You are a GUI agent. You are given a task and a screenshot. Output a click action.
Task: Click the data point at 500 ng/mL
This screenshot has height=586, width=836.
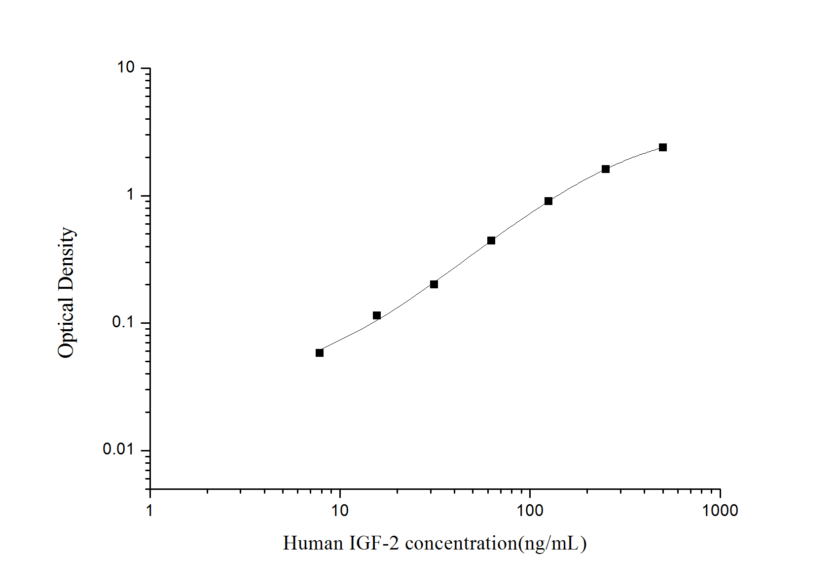pos(663,147)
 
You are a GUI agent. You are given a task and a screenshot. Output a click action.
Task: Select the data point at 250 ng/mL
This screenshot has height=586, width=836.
pos(606,169)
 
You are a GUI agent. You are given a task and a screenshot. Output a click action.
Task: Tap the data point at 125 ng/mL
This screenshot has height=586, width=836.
pos(548,201)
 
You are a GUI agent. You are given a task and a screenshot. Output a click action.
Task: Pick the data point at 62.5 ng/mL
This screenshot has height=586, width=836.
pos(491,241)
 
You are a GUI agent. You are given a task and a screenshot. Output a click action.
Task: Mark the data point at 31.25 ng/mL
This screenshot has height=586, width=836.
pos(434,284)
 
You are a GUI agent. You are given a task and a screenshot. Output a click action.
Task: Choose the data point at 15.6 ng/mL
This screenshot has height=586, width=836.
pos(377,315)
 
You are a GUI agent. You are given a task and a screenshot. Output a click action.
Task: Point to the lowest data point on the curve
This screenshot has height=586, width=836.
pos(320,353)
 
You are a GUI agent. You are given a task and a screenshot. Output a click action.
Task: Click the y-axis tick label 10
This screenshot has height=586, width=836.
pos(126,68)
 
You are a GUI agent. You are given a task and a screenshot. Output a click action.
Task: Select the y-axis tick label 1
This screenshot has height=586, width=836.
pos(130,195)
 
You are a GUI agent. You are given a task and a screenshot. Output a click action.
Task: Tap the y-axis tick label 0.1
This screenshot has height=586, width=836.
pos(123,322)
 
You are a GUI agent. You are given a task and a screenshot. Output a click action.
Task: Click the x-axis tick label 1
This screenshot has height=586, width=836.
pos(150,511)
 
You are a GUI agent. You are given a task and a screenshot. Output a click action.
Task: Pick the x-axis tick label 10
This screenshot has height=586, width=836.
pos(340,511)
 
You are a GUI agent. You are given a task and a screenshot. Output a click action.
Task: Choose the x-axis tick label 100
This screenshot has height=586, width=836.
pos(530,511)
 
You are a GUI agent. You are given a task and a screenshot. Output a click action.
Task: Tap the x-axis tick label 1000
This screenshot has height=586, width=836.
pos(720,511)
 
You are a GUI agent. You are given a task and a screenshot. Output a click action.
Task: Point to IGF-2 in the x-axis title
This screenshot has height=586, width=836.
pos(374,543)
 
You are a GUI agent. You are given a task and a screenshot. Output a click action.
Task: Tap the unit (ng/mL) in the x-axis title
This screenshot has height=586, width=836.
pos(552,544)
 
